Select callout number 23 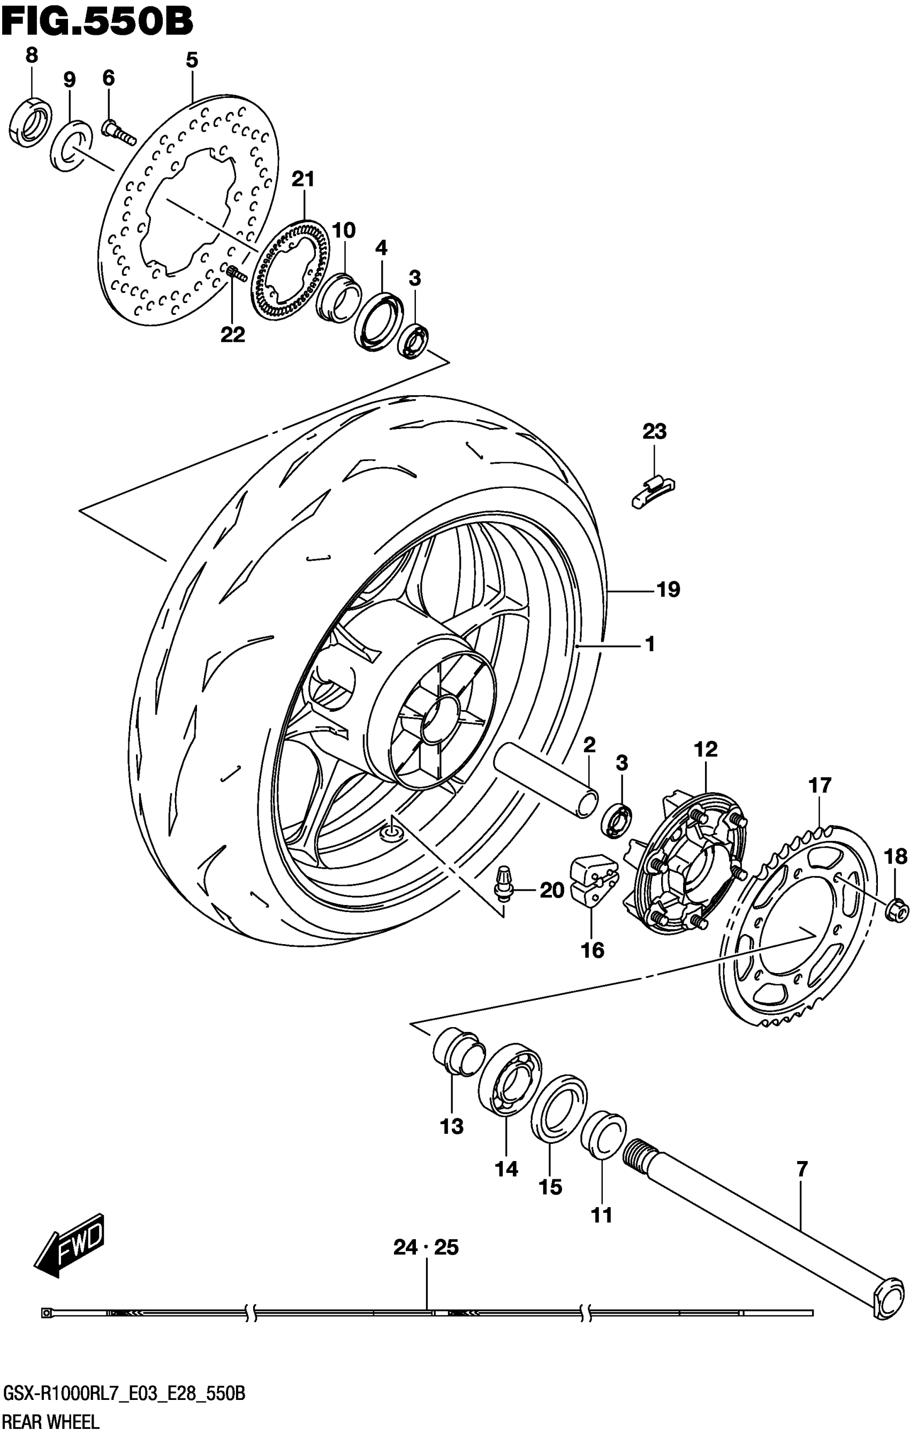(x=654, y=432)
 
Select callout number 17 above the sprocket (x=820, y=785)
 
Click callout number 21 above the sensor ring (x=303, y=179)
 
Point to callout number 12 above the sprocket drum (x=706, y=749)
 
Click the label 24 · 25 (x=426, y=1248)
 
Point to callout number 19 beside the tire (x=668, y=590)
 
